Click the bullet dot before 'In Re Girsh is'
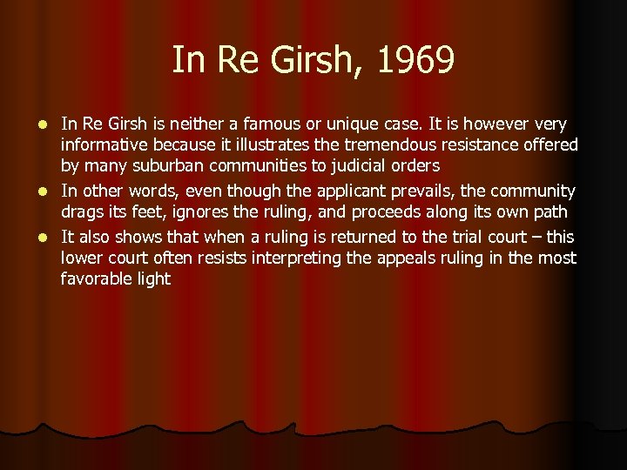click(x=44, y=124)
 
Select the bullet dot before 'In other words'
click(x=44, y=191)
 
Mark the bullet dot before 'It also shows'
click(x=44, y=238)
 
